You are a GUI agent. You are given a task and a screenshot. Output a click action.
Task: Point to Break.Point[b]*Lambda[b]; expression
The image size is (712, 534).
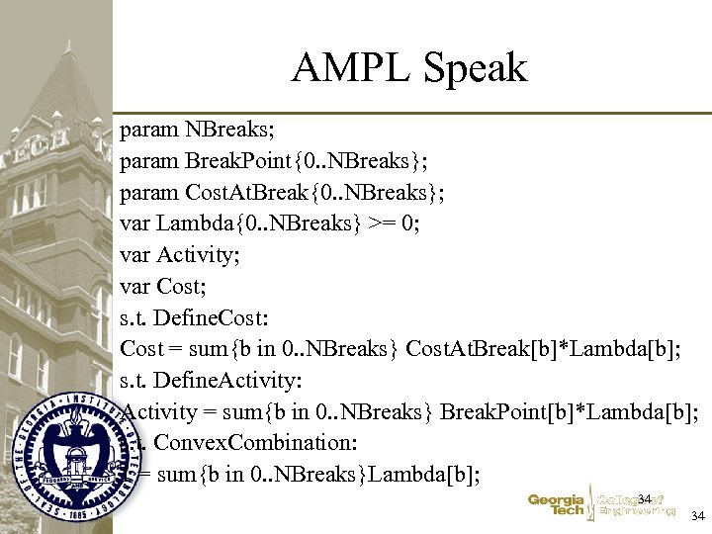(570, 411)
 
